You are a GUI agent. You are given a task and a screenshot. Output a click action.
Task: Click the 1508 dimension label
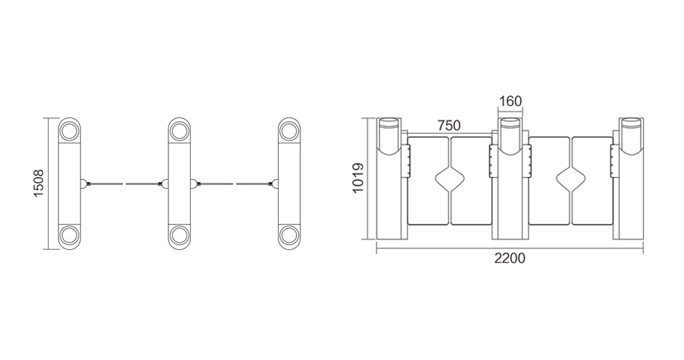pos(39,184)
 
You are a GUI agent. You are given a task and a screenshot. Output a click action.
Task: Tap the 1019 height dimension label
pos(358,178)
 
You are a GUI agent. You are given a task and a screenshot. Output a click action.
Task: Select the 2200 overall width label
pos(510,258)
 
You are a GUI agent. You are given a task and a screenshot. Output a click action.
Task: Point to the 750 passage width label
pos(449,126)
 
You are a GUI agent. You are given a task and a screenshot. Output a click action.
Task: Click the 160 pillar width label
pos(510,102)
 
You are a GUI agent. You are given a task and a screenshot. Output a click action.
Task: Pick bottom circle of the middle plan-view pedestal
pos(179,235)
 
